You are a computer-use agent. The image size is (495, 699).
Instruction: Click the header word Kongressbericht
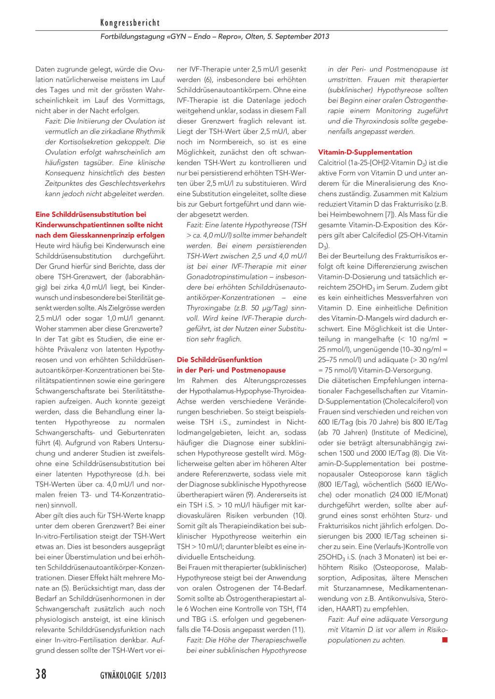click(130, 23)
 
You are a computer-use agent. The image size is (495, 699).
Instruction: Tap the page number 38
click(41, 674)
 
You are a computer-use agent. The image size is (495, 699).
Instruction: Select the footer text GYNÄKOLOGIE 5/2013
click(133, 675)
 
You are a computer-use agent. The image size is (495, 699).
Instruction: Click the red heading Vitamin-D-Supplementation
click(365, 152)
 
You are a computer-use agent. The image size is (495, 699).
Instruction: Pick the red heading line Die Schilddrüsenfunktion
click(219, 360)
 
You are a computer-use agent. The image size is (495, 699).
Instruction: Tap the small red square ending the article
click(445, 640)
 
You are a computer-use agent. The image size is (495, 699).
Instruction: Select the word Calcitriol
click(332, 163)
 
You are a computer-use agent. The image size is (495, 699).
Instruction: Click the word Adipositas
click(368, 578)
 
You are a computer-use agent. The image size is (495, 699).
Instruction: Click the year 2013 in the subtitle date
click(320, 37)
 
